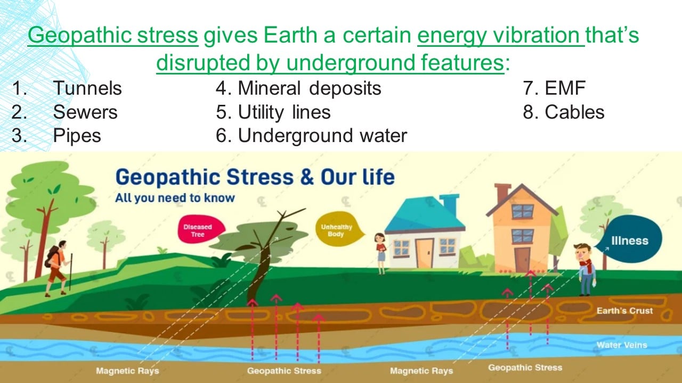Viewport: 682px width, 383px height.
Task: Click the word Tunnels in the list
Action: (x=87, y=88)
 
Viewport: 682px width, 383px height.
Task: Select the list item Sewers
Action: (x=85, y=112)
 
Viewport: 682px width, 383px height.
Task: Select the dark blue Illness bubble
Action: (x=630, y=239)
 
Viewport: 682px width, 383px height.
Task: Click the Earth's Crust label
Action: (x=625, y=311)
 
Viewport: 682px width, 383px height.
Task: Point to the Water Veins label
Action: (x=622, y=345)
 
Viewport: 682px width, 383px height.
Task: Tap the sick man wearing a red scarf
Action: (x=586, y=269)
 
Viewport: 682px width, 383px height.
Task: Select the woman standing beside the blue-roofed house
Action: (x=380, y=254)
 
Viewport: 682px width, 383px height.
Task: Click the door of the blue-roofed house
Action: (x=425, y=253)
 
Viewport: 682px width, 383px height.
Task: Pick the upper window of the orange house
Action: (x=523, y=211)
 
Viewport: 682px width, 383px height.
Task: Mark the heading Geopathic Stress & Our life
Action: (x=255, y=177)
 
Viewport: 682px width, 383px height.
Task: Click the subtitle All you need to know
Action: (x=175, y=198)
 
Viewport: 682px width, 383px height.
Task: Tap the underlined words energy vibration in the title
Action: (x=501, y=36)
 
